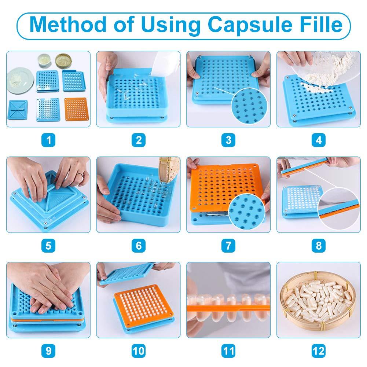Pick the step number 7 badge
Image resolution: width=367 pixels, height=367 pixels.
click(228, 245)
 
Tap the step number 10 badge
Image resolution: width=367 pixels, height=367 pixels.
click(138, 351)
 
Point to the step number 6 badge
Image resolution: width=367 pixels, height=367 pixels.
click(138, 245)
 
